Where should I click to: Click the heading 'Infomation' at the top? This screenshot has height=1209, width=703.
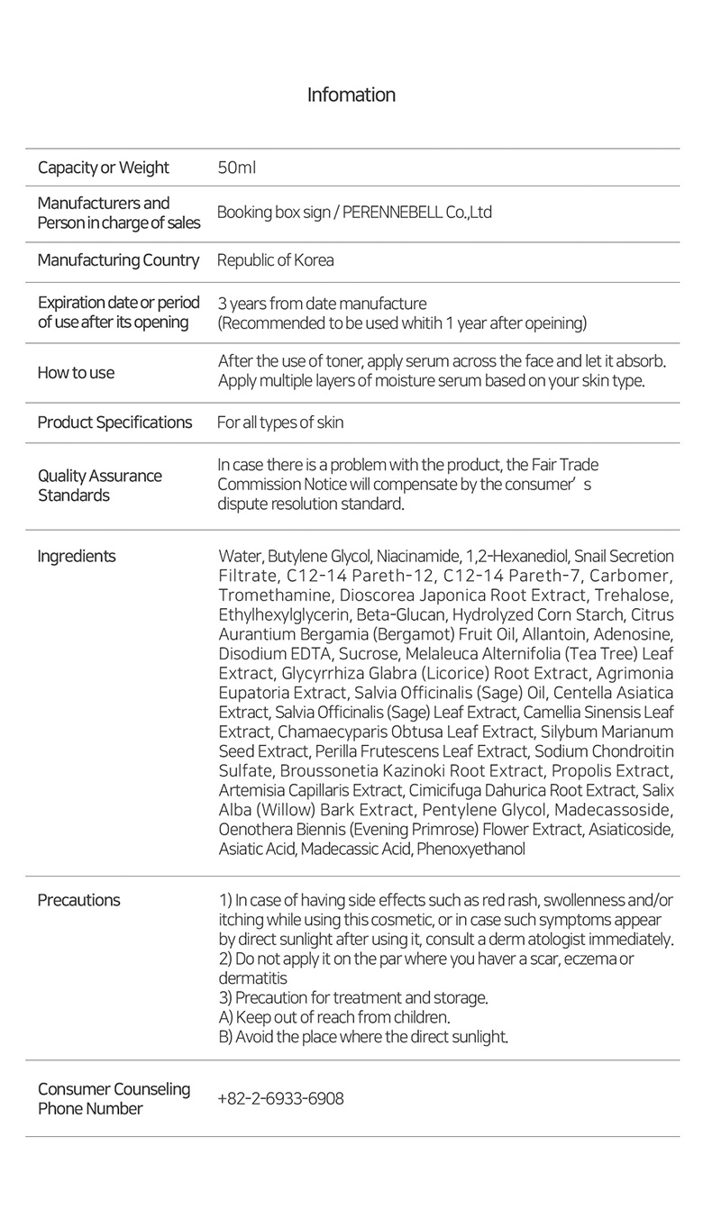coord(351,95)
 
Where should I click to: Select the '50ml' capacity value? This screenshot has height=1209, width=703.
coord(236,168)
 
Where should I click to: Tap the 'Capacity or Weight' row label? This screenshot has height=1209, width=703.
coord(103,168)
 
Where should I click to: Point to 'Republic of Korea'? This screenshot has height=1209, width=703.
coord(275,260)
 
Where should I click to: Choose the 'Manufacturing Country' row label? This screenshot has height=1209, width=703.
coord(118,260)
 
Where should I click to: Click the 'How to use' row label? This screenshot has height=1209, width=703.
coord(76,373)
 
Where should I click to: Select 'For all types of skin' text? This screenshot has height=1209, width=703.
coord(280,423)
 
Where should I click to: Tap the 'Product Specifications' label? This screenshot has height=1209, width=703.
coord(114,423)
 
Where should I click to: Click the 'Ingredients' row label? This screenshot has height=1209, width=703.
coord(77,556)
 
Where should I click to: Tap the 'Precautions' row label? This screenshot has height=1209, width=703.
coord(78,900)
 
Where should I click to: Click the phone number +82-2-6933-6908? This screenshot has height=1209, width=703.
coord(280,1098)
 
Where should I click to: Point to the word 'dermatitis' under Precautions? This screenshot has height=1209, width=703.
coord(252,978)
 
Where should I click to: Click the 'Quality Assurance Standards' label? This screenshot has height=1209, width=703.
coord(99,486)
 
